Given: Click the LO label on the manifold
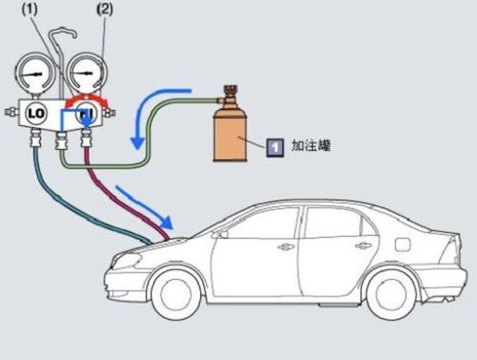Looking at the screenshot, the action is (36, 113).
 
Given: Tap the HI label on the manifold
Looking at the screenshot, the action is (86, 113).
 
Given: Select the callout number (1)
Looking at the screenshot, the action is (30, 9).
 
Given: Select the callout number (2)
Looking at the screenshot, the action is (105, 9).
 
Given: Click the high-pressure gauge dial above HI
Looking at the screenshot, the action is (87, 74).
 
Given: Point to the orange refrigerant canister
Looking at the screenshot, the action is (231, 134).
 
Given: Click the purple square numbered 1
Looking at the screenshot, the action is (275, 147).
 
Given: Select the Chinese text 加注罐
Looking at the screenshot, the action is (311, 145).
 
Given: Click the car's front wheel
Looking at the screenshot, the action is (176, 295).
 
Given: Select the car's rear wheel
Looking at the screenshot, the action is (391, 295).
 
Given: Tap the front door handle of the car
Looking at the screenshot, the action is (286, 246).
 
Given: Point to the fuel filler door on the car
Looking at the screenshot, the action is (403, 244).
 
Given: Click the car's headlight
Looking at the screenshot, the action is (126, 261).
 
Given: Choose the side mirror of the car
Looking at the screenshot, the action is (222, 234).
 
